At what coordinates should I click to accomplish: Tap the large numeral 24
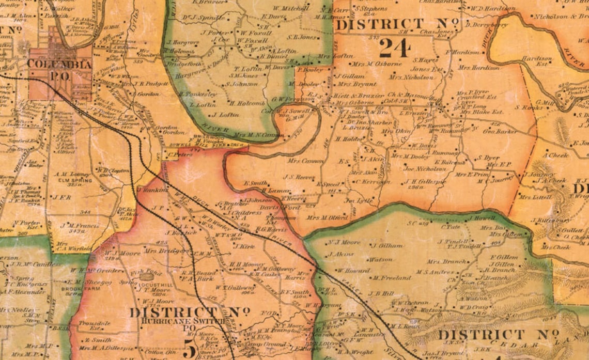coord(395,49)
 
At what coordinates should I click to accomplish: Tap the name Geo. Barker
coord(500,132)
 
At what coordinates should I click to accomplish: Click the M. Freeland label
coord(391,278)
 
